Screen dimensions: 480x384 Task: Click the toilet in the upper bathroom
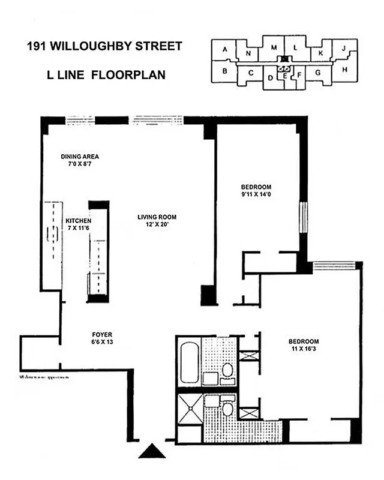tap(227, 370)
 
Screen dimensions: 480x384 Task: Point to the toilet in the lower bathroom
tap(227, 409)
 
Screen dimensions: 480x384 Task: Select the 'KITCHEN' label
tap(78, 221)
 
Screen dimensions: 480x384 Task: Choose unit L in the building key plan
tap(295, 48)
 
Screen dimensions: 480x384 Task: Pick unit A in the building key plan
tap(225, 50)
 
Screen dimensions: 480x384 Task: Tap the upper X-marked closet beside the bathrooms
tap(248, 355)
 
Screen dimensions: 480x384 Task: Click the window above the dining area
tap(79, 120)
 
